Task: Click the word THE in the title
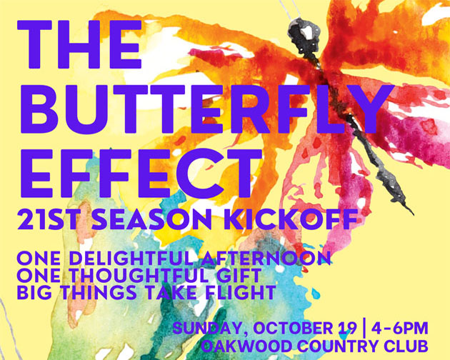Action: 79,44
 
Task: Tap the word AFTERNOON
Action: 266,258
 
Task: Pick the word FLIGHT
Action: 242,293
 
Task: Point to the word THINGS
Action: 98,293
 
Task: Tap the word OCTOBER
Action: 292,328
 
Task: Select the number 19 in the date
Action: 348,328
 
